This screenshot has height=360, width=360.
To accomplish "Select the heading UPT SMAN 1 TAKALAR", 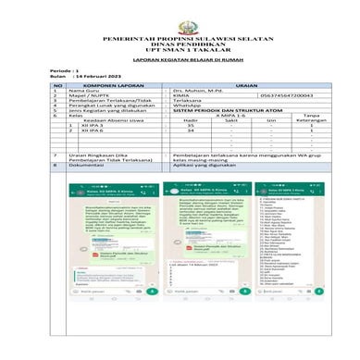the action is [180, 55].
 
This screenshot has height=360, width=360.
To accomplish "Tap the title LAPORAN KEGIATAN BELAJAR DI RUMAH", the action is [180, 66].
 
